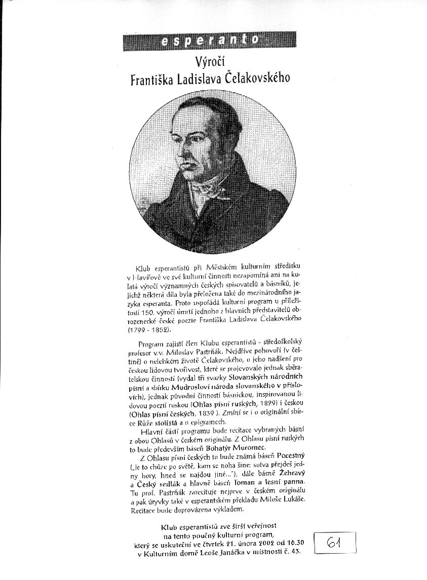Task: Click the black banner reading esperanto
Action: pos(209,41)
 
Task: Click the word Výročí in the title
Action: pos(210,62)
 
